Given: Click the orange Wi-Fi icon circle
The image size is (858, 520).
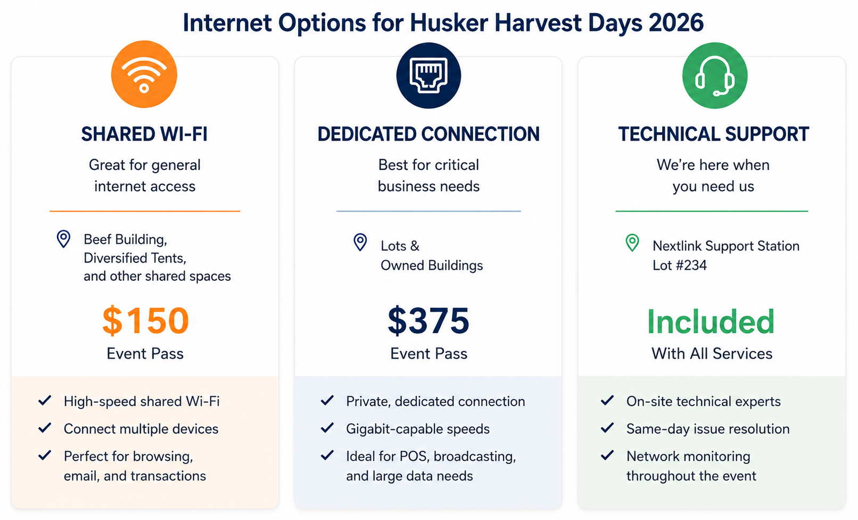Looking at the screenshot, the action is (x=144, y=74).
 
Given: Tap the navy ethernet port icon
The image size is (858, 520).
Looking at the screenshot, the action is (x=428, y=75).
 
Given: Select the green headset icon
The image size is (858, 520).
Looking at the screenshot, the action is (x=715, y=76).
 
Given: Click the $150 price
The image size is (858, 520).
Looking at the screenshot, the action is (x=145, y=321).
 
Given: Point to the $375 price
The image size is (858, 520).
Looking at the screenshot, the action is (x=428, y=321).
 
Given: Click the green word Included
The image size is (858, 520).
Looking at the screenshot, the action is (x=711, y=321).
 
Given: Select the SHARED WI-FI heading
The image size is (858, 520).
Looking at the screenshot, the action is (x=144, y=134).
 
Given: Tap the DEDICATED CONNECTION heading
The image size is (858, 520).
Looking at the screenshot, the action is (x=428, y=134).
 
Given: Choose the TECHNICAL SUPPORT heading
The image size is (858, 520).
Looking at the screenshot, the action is (x=714, y=134).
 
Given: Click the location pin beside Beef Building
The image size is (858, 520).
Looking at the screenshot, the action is (x=63, y=239).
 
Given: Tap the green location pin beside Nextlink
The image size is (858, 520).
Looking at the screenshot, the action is (x=632, y=243).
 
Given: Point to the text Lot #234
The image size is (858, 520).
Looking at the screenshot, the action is (x=680, y=265).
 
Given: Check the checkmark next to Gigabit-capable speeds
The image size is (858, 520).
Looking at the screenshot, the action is (x=327, y=428).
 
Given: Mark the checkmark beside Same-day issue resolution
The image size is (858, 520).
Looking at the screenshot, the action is (x=607, y=428).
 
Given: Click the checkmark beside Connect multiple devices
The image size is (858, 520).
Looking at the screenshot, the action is (x=45, y=428).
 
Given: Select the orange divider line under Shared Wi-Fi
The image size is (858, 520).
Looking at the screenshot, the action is (x=145, y=211).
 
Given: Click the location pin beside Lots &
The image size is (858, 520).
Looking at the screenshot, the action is (x=360, y=242).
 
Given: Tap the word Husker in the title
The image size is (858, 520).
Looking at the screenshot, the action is (x=449, y=22).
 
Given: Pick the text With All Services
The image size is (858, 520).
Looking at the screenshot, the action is (x=712, y=354).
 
